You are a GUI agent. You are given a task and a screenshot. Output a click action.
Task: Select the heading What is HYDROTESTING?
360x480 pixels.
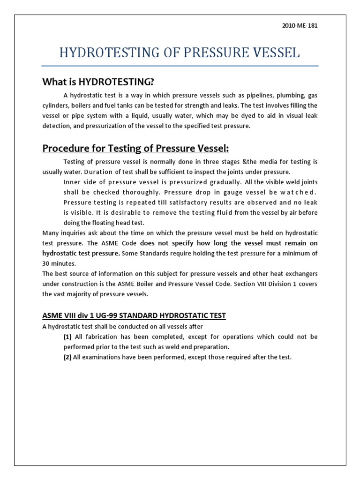pos(98,82)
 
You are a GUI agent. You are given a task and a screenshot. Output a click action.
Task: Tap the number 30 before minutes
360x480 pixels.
pos(46,264)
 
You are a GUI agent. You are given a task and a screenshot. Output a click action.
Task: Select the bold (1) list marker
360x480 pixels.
pos(67,337)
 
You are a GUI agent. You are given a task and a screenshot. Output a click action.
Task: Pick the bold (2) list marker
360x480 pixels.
pos(67,357)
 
